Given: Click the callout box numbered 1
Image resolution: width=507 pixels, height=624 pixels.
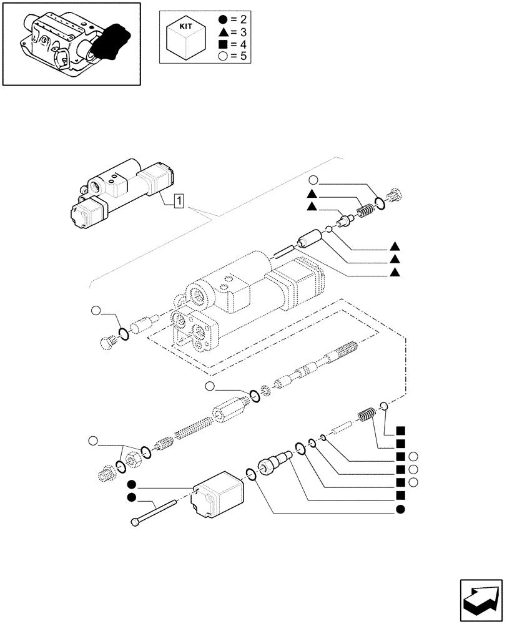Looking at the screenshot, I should pos(179,200).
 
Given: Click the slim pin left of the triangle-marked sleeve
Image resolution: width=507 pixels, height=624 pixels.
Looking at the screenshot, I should pos(285,252).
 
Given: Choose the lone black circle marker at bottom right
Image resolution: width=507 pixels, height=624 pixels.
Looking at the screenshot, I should pos(400,510).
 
